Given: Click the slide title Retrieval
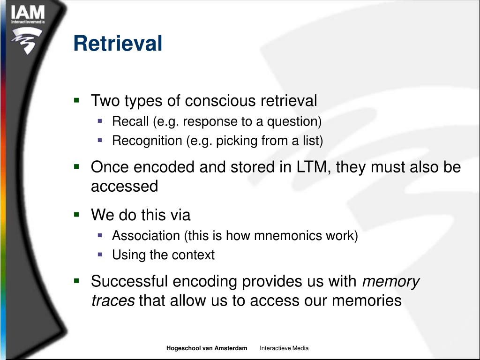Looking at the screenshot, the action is (x=118, y=44).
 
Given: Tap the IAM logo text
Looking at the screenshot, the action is (x=28, y=13).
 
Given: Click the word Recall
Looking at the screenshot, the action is (x=130, y=121).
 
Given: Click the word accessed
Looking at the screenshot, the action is (x=124, y=187).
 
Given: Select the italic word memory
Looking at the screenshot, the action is (x=391, y=281).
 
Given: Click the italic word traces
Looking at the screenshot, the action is (x=113, y=300).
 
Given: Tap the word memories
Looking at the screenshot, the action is (x=367, y=300).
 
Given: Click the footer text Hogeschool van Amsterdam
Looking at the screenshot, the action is (x=207, y=348).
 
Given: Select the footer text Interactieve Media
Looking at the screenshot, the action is (x=284, y=348).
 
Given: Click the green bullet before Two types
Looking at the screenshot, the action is (x=77, y=100).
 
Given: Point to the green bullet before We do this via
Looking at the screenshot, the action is (x=77, y=214).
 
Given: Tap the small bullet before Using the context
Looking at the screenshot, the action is (x=100, y=255).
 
